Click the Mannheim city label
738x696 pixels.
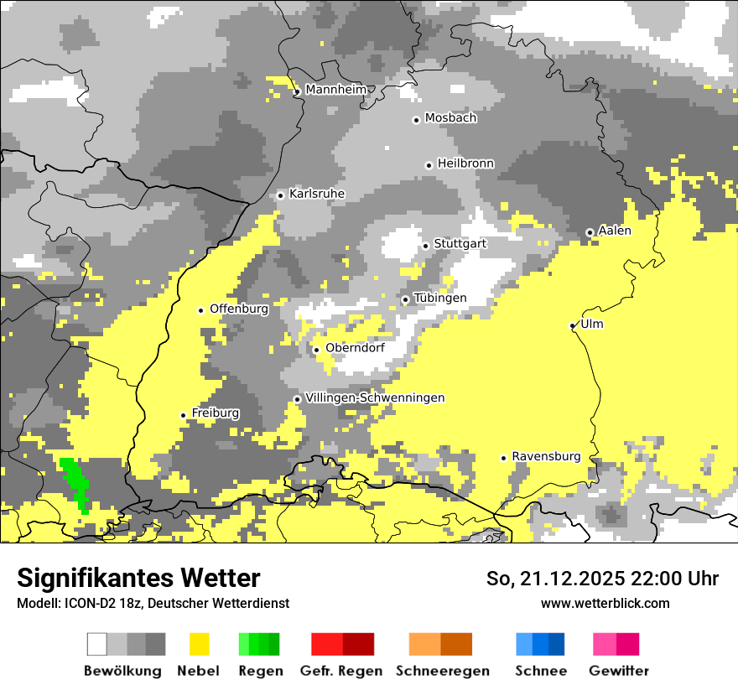pos(336,90)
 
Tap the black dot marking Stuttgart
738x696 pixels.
pos(426,246)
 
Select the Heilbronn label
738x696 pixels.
pos(465,164)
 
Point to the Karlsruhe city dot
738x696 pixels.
pos(281,195)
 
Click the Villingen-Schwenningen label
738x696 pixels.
pos(375,397)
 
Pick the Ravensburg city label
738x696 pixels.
pos(546,456)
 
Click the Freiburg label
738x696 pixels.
pos(215,413)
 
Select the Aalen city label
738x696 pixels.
pos(615,231)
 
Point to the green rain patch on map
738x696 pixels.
pos(76,481)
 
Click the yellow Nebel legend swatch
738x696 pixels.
pos(200,644)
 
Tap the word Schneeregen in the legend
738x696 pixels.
pos(442,671)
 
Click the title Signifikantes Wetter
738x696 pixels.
pos(138,578)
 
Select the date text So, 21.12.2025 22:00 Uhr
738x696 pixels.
pos(602,579)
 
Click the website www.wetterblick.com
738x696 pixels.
pos(605,603)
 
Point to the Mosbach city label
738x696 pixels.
pos(450,118)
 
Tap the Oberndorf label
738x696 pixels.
pos(355,348)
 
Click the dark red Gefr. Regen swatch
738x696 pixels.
pos(359,644)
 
